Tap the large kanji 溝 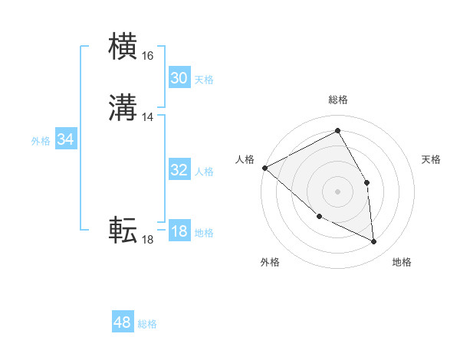123,110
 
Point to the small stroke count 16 147,56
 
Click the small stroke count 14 147,117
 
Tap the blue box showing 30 179,78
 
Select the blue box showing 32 179,170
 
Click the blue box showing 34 66,139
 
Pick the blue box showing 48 123,322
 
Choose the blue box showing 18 179,231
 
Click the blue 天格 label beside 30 204,80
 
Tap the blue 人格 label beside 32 204,172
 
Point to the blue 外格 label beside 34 41,141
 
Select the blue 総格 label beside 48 147,324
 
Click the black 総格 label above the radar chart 338,100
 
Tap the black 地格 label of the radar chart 402,262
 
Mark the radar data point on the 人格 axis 264,168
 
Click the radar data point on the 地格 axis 374,242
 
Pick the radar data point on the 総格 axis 338,131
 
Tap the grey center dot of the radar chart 338,191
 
